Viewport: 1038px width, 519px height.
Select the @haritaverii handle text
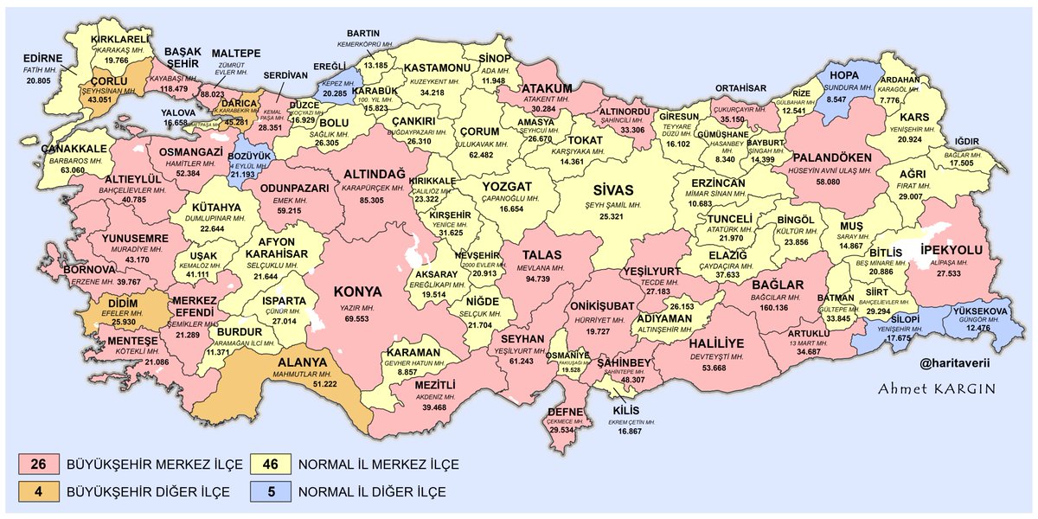click(950, 367)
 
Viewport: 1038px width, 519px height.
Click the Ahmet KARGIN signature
click(937, 389)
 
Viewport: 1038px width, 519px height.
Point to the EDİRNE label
click(42, 58)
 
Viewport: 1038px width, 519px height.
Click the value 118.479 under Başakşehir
click(175, 88)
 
